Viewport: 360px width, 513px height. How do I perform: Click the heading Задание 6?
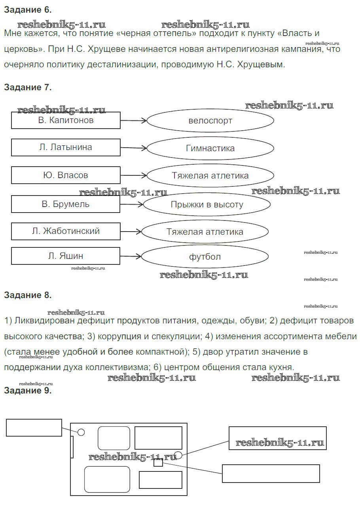[28, 9]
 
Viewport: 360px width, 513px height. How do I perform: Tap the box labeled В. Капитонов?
[66, 120]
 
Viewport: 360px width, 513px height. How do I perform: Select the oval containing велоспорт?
[210, 121]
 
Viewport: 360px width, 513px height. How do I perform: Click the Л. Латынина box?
[66, 147]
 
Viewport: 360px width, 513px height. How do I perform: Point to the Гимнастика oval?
[210, 148]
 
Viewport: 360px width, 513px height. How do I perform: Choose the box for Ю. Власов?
[66, 175]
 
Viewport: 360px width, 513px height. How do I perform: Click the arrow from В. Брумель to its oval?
[131, 204]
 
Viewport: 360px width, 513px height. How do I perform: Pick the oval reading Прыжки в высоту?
[207, 205]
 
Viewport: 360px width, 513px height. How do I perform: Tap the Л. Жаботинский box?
[66, 231]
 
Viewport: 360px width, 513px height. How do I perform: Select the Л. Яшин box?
[66, 256]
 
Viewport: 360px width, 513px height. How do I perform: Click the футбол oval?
[205, 257]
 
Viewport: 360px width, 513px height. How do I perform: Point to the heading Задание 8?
[28, 295]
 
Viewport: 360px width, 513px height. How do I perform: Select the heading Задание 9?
[28, 391]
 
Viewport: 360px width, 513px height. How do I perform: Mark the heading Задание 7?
[28, 87]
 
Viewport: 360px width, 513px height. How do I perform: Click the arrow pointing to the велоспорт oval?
[133, 121]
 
